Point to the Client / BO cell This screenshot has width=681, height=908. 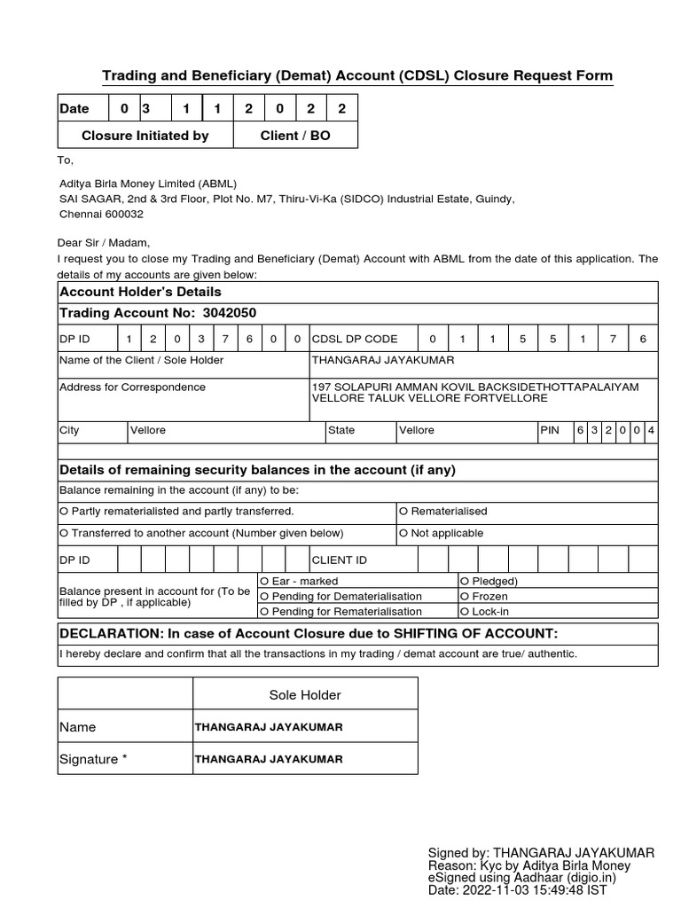[294, 136]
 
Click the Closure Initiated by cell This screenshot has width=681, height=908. [145, 136]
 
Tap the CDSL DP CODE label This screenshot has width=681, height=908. [355, 339]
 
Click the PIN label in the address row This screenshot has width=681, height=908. [550, 430]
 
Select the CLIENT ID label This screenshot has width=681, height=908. [339, 560]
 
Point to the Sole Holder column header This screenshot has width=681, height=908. [304, 695]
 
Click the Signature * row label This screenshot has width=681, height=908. [93, 759]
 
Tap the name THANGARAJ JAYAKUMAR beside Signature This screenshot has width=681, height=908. [268, 759]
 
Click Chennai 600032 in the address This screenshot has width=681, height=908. [101, 215]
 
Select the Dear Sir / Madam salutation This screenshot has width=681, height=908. [105, 243]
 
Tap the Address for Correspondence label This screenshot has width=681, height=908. [132, 387]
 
